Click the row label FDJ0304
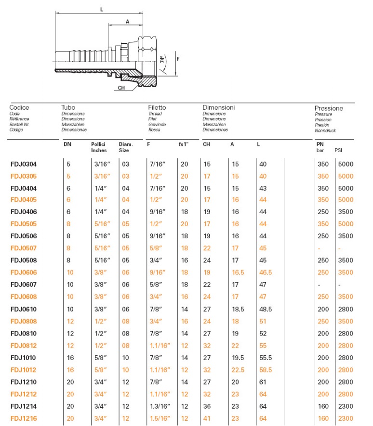[24, 164]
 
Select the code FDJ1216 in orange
[24, 419]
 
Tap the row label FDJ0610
[24, 310]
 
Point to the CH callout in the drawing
[121, 88]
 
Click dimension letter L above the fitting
[101, 9]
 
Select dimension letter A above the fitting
[127, 22]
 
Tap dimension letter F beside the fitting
[178, 59]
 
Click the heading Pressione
[329, 108]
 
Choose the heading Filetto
[157, 107]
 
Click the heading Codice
[19, 107]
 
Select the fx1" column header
[184, 144]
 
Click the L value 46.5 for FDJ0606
[265, 273]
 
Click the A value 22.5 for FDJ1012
[237, 370]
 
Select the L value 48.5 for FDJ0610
[265, 310]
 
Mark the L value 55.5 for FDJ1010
[265, 358]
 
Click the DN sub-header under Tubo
[67, 144]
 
